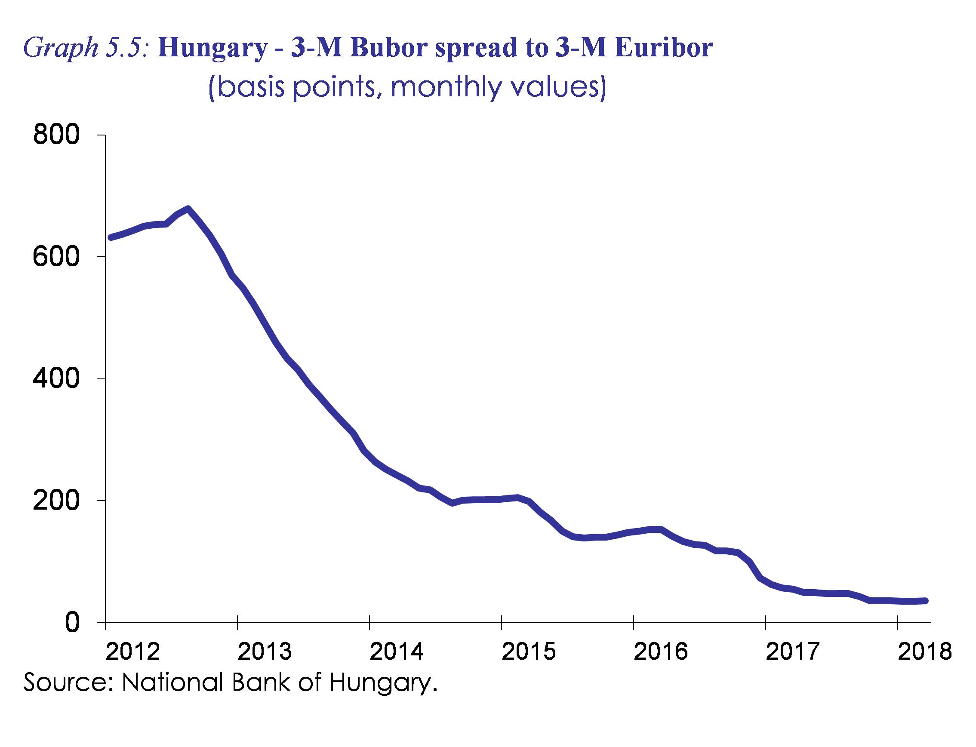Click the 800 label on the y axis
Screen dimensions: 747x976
click(x=56, y=135)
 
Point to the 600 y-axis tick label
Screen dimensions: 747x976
click(x=56, y=257)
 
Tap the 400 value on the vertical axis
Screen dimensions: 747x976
click(x=56, y=379)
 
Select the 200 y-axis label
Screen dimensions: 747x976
click(x=56, y=501)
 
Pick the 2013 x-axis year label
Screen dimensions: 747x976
click(x=265, y=652)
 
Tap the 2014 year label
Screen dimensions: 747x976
click(x=397, y=652)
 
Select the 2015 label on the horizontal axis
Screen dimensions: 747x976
click(x=529, y=652)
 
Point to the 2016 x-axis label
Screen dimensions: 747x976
click(x=660, y=652)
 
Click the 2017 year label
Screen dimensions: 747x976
click(x=792, y=652)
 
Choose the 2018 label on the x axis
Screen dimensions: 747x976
click(x=924, y=652)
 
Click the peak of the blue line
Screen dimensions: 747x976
click(x=188, y=208)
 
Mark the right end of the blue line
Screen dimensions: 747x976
click(x=925, y=601)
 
